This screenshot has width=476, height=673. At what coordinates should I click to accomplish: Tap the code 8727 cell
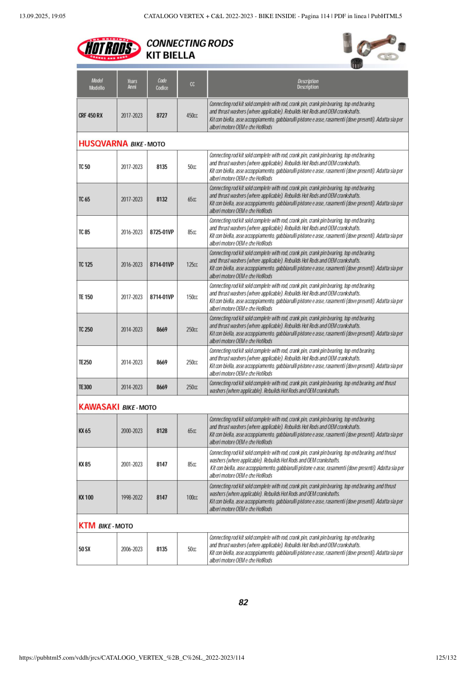click(x=162, y=115)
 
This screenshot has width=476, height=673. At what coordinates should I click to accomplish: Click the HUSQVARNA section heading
click(x=103, y=143)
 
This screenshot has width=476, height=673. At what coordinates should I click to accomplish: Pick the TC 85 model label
click(x=85, y=232)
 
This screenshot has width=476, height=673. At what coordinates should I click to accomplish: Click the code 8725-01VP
click(x=162, y=232)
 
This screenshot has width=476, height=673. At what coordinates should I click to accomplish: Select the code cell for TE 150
click(x=162, y=297)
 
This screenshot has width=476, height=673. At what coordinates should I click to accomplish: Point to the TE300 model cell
click(x=85, y=387)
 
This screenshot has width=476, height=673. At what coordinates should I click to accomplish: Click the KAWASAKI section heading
click(x=99, y=407)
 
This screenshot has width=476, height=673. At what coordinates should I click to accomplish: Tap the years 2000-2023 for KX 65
click(x=132, y=431)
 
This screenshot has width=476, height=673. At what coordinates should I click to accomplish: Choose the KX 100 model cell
click(x=86, y=497)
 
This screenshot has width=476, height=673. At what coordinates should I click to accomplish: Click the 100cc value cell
click(x=192, y=497)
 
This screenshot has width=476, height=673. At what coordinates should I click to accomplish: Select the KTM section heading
click(x=87, y=526)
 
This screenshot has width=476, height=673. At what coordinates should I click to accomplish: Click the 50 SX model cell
click(x=85, y=549)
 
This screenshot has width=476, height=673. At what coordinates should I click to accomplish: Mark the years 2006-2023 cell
click(x=132, y=549)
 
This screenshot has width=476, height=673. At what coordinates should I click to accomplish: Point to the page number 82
click(x=243, y=603)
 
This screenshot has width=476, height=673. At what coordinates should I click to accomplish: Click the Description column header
click(x=308, y=84)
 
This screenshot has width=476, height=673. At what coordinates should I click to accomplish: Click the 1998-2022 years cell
click(x=132, y=497)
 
